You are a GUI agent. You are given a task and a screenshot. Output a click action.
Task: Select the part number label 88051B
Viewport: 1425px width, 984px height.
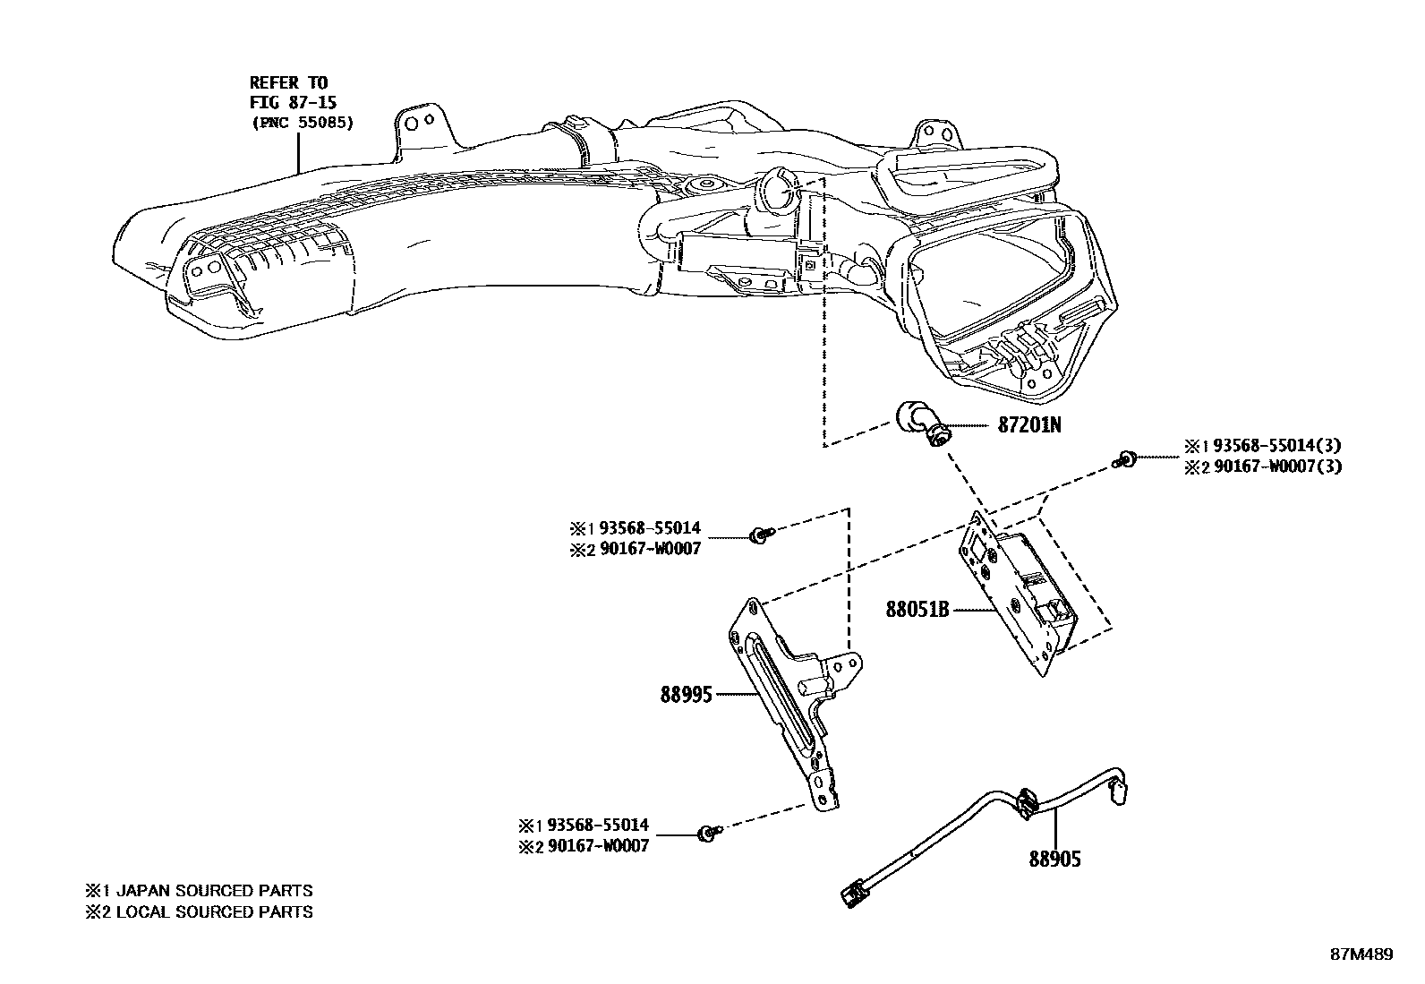point(917,610)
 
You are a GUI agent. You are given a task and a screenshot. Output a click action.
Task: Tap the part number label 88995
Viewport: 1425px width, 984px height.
point(687,694)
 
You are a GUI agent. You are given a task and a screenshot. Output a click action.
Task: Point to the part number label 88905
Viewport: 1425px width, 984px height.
point(1054,860)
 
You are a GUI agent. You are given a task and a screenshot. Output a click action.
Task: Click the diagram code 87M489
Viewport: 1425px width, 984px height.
point(1361,954)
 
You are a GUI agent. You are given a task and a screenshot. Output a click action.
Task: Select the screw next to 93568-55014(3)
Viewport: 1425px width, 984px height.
point(1125,459)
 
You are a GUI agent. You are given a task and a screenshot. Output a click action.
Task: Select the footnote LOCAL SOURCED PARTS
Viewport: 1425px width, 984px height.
point(214,912)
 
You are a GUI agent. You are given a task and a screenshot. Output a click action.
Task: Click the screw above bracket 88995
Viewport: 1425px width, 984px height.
point(760,536)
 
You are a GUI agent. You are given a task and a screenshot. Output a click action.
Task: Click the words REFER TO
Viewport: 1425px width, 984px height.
point(288,83)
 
